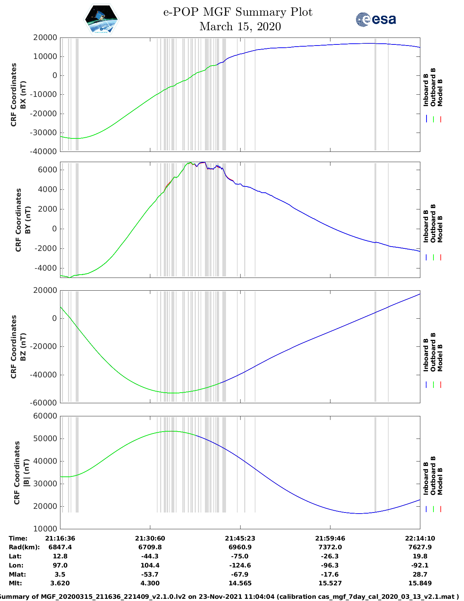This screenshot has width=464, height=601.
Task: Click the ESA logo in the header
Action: pyautogui.click(x=376, y=19)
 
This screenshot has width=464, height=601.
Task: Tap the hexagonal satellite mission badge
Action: pyautogui.click(x=101, y=19)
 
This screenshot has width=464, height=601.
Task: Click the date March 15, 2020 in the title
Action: pyautogui.click(x=240, y=27)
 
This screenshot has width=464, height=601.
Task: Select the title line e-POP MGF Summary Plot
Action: pyautogui.click(x=238, y=12)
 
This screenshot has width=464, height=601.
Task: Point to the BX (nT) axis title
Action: pyautogui.click(x=23, y=95)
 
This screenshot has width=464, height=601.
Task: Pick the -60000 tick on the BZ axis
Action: pyautogui.click(x=45, y=403)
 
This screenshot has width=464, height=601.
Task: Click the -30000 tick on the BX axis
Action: pyautogui.click(x=45, y=133)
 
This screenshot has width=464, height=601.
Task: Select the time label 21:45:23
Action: pyautogui.click(x=240, y=538)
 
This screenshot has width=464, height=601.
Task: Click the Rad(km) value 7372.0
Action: pyautogui.click(x=330, y=547)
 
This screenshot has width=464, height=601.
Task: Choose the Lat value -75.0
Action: pyautogui.click(x=240, y=556)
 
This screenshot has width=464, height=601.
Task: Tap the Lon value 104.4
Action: pyautogui.click(x=150, y=565)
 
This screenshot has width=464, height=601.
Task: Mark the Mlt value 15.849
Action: pyautogui.click(x=420, y=583)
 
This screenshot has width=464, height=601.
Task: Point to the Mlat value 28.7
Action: pyautogui.click(x=420, y=574)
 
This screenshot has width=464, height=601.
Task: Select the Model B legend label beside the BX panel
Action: pyautogui.click(x=440, y=93)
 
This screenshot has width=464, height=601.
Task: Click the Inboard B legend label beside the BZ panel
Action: pyautogui.click(x=426, y=355)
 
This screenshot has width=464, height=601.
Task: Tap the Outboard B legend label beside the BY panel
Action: pyautogui.click(x=433, y=223)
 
